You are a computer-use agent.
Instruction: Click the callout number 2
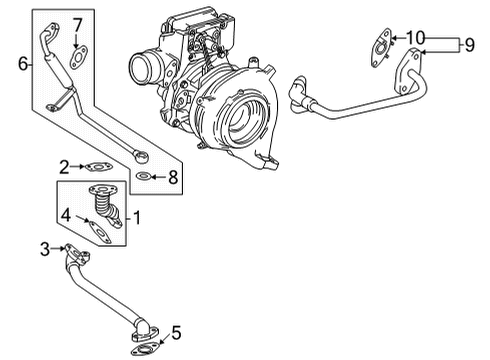coord(63,166)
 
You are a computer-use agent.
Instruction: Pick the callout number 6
coord(24,62)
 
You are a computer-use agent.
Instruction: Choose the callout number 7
coord(77,24)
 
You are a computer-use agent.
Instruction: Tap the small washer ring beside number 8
coord(146,177)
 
